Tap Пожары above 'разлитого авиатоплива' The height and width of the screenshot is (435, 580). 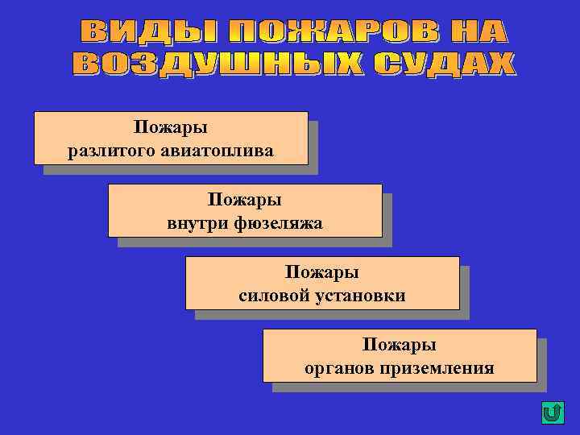171,129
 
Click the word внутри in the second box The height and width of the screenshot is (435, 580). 194,223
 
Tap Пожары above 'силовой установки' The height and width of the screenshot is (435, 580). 322,274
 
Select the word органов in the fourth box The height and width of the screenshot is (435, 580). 339,368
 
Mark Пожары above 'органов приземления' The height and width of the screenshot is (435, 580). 400,346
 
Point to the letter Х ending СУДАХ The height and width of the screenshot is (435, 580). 499,64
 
